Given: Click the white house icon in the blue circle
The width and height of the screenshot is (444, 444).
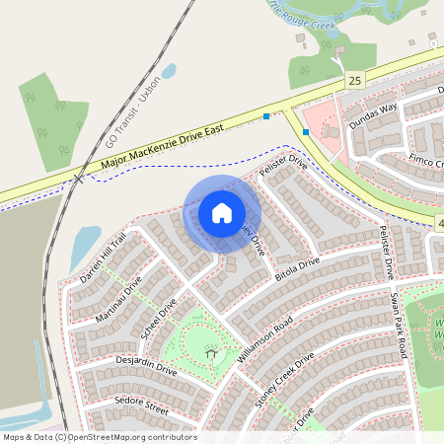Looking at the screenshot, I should (222, 212).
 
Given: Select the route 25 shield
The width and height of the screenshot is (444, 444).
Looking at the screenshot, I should (355, 78).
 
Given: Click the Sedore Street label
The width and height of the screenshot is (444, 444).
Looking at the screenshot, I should (142, 405).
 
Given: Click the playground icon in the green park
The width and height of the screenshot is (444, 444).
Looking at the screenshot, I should (210, 352).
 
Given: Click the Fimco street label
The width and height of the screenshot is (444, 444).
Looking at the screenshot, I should (424, 159).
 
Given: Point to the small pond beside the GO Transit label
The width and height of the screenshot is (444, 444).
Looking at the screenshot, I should (169, 71).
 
